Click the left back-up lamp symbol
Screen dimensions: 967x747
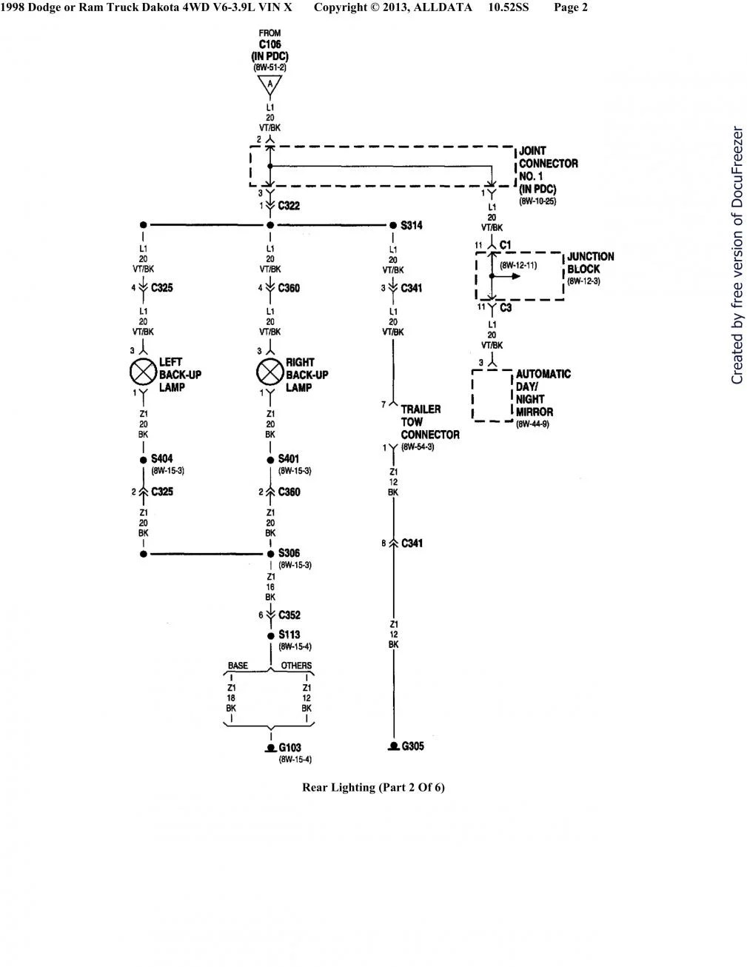click(143, 372)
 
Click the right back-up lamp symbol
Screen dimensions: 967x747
click(269, 372)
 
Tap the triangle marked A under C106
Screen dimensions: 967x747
click(269, 85)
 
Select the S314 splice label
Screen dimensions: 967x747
click(412, 225)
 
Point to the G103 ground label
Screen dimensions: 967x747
click(289, 749)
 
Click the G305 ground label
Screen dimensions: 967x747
click(412, 746)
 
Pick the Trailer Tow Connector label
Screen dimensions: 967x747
click(429, 422)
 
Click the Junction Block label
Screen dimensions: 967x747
click(590, 263)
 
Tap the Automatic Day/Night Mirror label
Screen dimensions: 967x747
click(543, 392)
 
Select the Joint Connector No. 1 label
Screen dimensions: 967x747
click(548, 170)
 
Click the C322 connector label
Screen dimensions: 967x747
click(289, 206)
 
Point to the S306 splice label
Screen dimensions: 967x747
click(289, 553)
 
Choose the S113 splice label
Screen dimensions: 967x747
click(289, 635)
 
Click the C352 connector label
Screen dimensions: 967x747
click(289, 615)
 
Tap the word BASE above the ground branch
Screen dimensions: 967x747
click(238, 666)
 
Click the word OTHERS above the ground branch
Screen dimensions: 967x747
click(296, 666)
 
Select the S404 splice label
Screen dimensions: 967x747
click(162, 459)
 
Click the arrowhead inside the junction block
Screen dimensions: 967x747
click(515, 277)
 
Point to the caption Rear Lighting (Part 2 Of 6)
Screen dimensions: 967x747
click(373, 787)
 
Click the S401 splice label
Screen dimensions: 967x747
click(289, 459)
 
